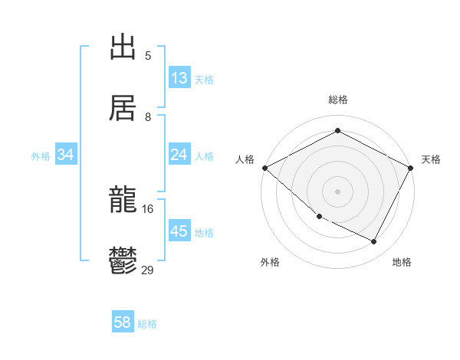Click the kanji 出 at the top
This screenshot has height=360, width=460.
click(x=123, y=48)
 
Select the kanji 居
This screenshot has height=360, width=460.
click(x=123, y=107)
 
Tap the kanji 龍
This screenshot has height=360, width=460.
click(x=123, y=202)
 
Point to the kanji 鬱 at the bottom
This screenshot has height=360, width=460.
click(x=123, y=261)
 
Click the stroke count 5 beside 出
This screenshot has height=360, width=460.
click(x=148, y=56)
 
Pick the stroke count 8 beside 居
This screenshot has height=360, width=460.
click(x=148, y=117)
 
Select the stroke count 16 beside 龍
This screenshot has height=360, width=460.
click(x=148, y=209)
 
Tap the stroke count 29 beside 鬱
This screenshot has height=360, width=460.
click(x=148, y=270)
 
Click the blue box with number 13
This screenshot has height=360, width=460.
click(x=179, y=78)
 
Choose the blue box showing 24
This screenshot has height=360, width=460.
click(x=179, y=155)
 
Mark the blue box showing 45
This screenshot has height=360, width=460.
click(x=179, y=231)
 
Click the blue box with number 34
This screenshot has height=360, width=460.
click(x=66, y=155)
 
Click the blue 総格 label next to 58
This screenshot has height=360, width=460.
click(x=147, y=324)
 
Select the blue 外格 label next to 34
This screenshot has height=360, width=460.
click(x=41, y=155)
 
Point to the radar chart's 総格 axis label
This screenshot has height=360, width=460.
click(x=337, y=100)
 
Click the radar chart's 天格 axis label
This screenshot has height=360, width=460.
click(x=431, y=159)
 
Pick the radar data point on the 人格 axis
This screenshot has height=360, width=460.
click(x=264, y=168)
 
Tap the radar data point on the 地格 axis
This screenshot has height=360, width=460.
click(x=374, y=242)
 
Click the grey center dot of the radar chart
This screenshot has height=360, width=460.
click(x=337, y=191)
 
